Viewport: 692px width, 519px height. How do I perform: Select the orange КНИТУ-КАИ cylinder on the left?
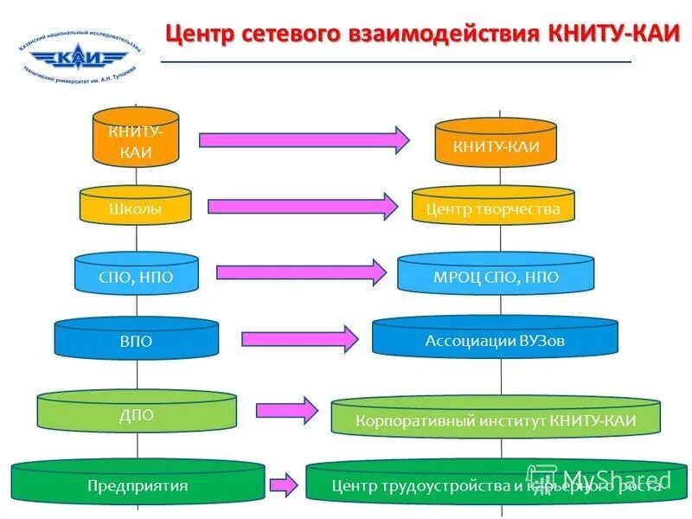pyautogui.click(x=136, y=138)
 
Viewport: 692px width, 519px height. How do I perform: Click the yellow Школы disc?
pyautogui.click(x=136, y=208)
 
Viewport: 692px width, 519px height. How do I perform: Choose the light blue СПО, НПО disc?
pyautogui.click(x=136, y=275)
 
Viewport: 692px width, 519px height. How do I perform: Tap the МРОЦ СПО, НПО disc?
pyautogui.click(x=497, y=276)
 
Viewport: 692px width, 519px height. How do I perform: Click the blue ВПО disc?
pyautogui.click(x=136, y=341)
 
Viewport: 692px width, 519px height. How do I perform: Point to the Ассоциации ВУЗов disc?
pyautogui.click(x=495, y=339)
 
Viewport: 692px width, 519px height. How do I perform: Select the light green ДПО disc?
pyautogui.click(x=136, y=413)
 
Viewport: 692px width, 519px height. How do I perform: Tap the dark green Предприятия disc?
pyautogui.click(x=137, y=484)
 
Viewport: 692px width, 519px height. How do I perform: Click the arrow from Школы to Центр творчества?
pyautogui.click(x=303, y=206)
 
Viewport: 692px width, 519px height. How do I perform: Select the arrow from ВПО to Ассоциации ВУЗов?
pyautogui.click(x=299, y=339)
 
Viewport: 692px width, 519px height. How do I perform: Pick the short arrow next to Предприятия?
pyautogui.click(x=285, y=485)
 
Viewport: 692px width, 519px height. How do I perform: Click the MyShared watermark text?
pyautogui.click(x=616, y=478)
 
